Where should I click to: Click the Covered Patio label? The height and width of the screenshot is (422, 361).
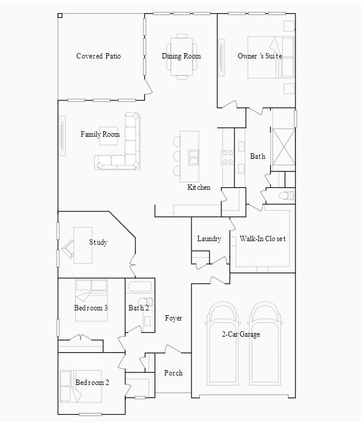(98, 56)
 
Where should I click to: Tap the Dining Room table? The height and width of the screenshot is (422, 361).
(181, 57)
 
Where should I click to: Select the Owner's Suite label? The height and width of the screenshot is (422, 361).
(260, 56)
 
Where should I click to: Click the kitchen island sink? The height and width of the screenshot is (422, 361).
(193, 157)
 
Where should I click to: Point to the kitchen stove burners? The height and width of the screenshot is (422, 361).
(227, 158)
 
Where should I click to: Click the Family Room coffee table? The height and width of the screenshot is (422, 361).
(109, 136)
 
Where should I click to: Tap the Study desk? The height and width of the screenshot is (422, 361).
(83, 245)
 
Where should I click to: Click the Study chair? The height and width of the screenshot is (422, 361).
(68, 248)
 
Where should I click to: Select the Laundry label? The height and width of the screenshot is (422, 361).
(209, 239)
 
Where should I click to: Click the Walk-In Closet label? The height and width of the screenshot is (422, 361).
(263, 239)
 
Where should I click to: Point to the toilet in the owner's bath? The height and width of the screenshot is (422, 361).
(286, 195)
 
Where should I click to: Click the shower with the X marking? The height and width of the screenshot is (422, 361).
(283, 150)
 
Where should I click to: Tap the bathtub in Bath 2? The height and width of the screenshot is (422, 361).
(140, 287)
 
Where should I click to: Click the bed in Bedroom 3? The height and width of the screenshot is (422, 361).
(91, 300)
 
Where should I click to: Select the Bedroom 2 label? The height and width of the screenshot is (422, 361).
(92, 383)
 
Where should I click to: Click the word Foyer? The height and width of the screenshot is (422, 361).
(174, 318)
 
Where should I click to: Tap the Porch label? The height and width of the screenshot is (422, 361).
(174, 373)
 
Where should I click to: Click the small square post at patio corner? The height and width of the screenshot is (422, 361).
(60, 16)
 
